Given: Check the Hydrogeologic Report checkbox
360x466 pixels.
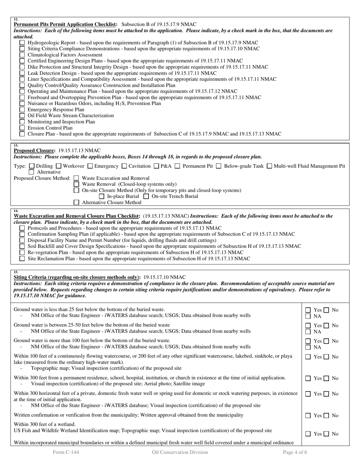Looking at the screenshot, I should (22, 43).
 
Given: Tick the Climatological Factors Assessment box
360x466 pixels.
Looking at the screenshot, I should (22, 55).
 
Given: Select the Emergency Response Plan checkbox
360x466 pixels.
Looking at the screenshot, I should (22, 109).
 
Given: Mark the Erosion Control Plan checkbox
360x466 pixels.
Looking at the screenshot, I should (22, 128).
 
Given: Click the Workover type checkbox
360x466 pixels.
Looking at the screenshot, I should (58, 166).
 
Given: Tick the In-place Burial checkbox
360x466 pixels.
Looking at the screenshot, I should (102, 196).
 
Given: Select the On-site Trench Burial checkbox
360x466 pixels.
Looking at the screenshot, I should (146, 196).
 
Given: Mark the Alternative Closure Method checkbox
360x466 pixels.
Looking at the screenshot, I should (77, 202).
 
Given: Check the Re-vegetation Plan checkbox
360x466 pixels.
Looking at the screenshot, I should (22, 252).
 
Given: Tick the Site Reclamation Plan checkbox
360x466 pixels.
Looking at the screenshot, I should (22, 258).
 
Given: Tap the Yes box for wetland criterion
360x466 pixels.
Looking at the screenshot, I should (308, 434).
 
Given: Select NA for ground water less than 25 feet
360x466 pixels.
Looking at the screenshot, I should (308, 316).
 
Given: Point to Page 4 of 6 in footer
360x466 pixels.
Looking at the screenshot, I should (295, 452).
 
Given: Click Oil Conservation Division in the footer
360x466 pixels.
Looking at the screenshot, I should (180, 452).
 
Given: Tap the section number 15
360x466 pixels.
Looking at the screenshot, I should (16, 272).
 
